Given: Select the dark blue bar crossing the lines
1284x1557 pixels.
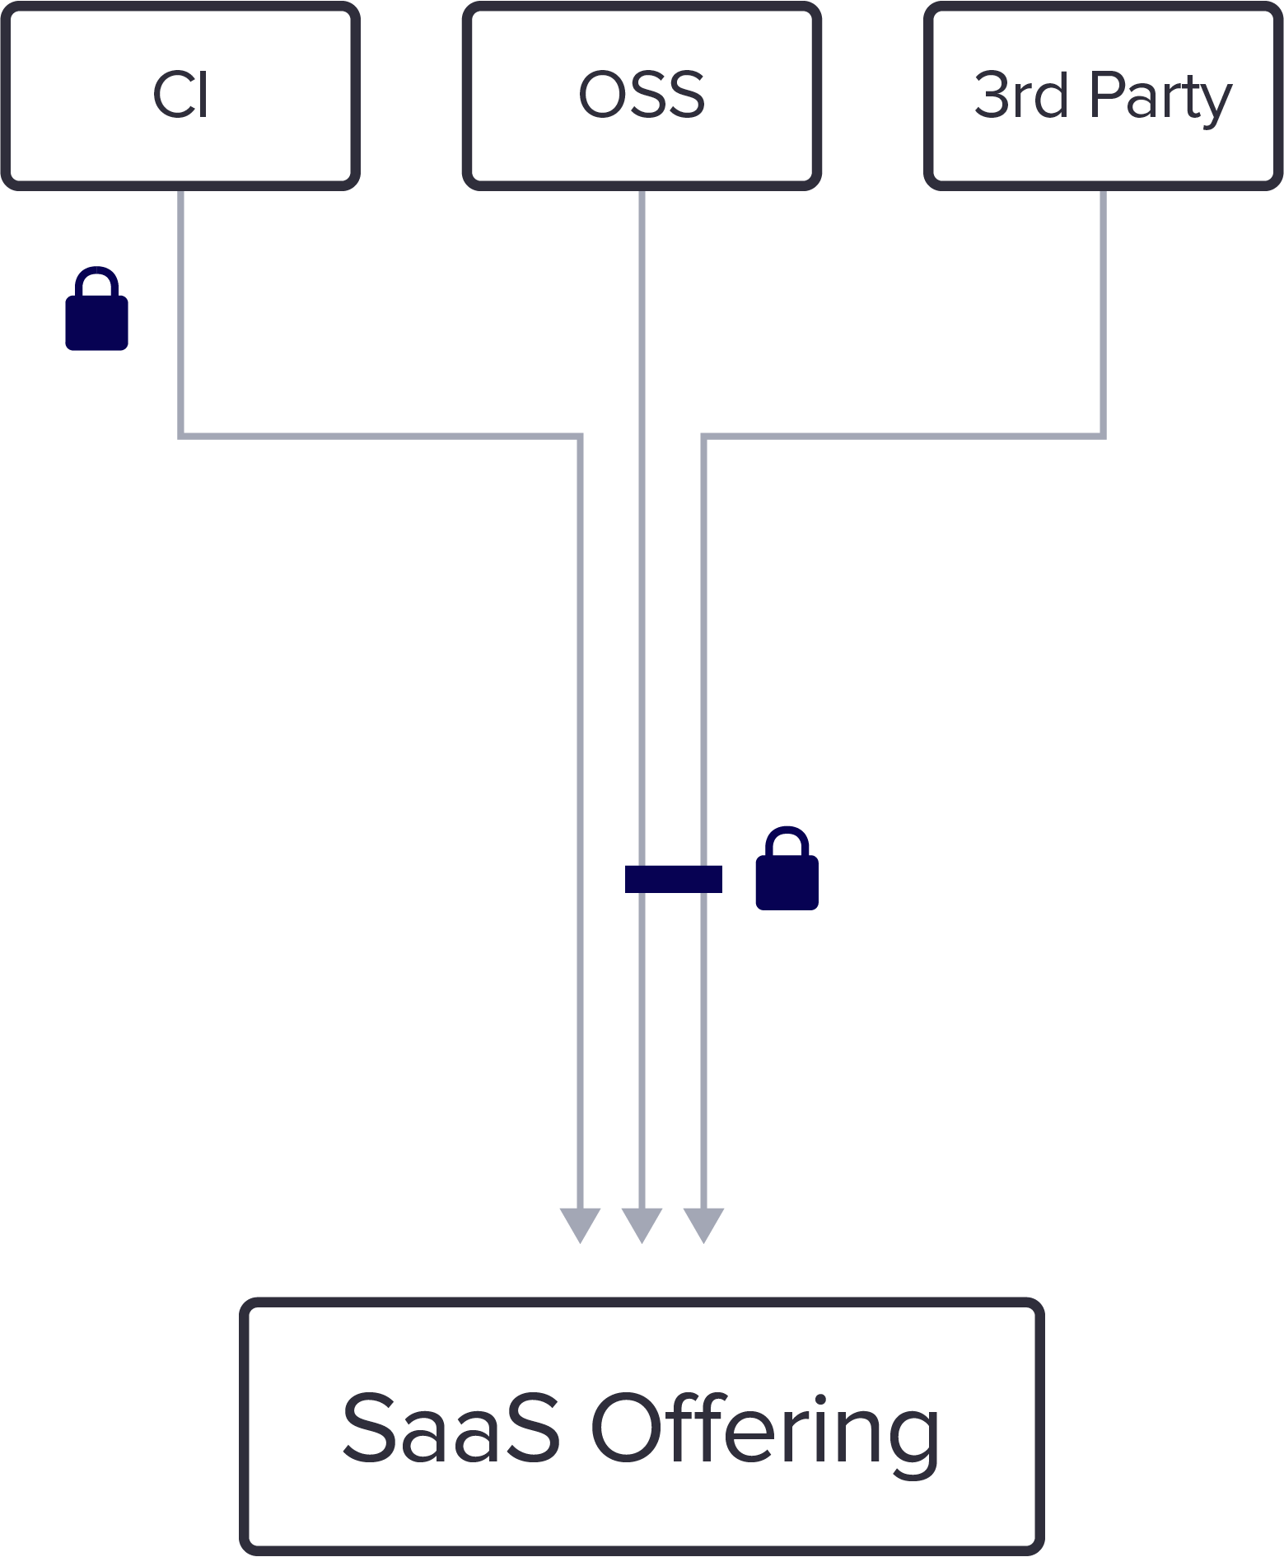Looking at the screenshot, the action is pos(674,879).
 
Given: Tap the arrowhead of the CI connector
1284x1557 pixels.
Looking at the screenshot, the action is pos(580,1224).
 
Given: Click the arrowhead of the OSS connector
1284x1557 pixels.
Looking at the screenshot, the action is pos(642,1224).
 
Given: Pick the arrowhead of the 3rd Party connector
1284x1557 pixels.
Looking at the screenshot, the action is pos(703,1224).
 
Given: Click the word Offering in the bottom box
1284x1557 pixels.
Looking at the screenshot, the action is pos(765,1428).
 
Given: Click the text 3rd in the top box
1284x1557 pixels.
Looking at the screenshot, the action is pos(1020,96).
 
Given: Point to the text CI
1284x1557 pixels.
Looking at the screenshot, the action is pos(180,96).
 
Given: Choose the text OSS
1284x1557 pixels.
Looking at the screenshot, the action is pos(642,96).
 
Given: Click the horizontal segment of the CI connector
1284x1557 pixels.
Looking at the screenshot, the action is pos(379,435).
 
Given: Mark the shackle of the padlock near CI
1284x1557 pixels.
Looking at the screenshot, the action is pos(97,280).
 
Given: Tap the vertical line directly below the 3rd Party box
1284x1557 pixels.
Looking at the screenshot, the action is pos(1103,313).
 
